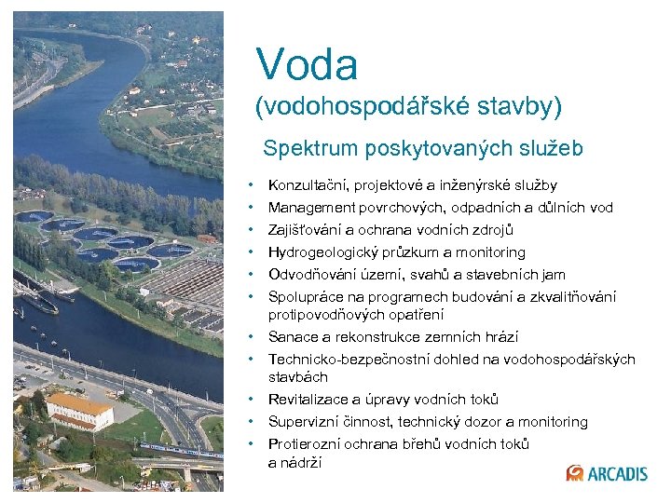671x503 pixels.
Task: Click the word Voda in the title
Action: pos(307,64)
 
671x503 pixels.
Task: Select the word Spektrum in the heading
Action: pos(305,148)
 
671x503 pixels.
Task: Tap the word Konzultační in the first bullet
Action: pos(307,185)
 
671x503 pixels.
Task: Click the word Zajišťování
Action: pos(307,230)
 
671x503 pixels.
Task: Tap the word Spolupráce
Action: pos(306,297)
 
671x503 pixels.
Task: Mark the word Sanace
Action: pos(292,337)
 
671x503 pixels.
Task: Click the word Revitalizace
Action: pos(309,400)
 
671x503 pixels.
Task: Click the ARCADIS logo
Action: pos(607,473)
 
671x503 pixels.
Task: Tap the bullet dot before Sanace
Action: pos(253,336)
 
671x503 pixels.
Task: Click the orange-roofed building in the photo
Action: pos(78,409)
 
